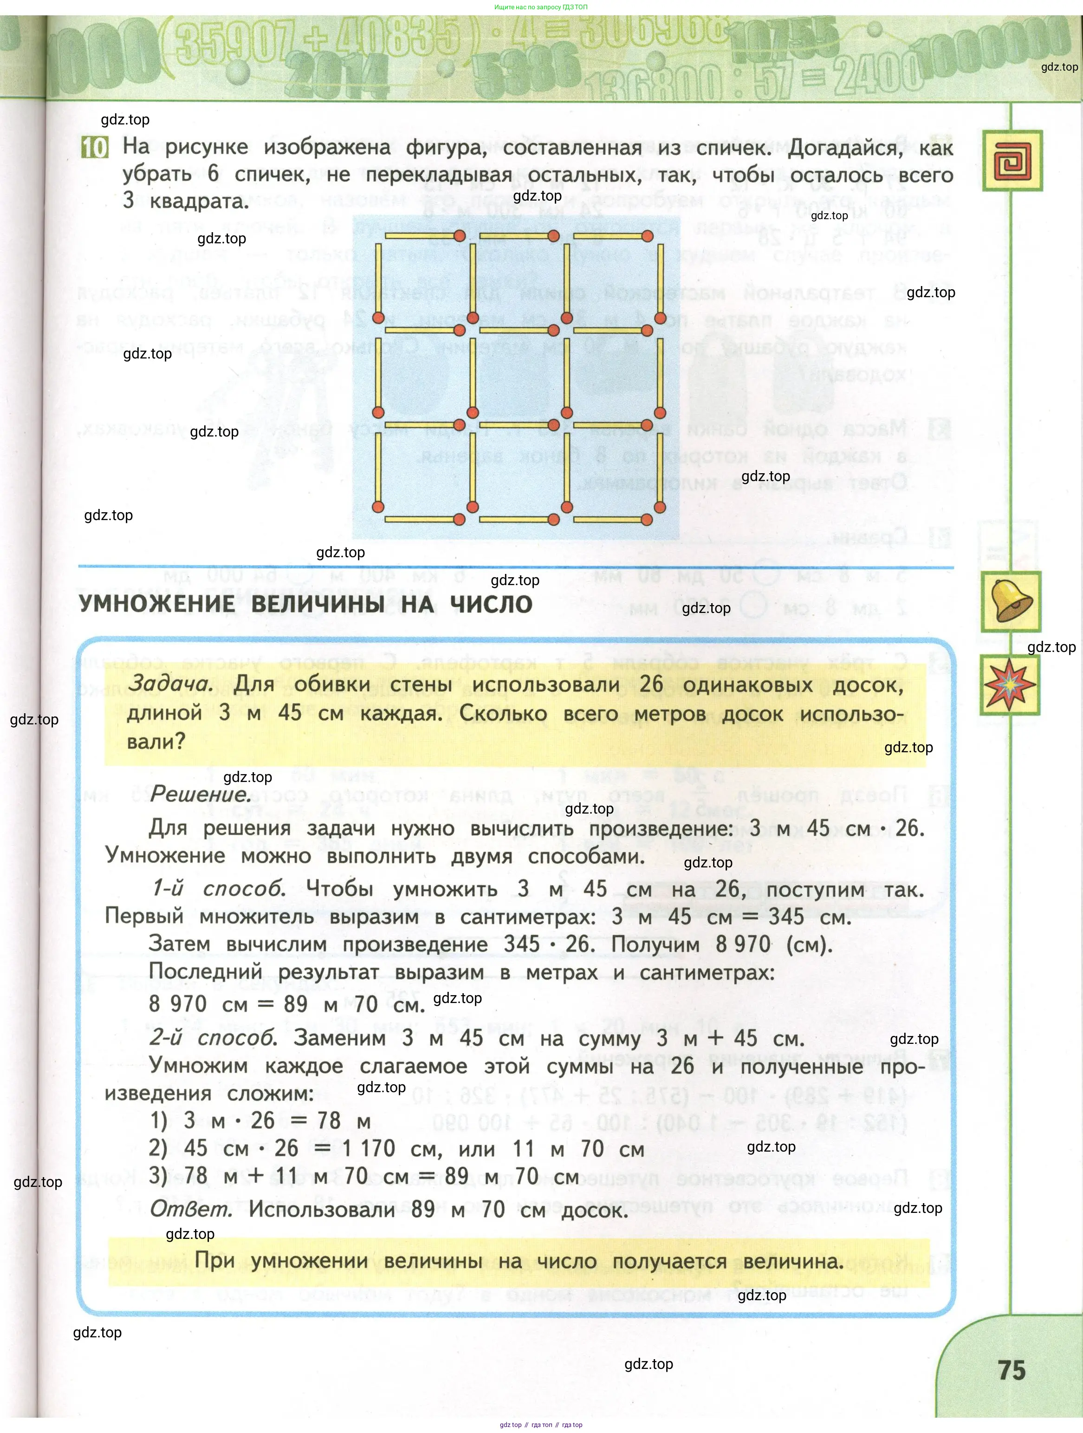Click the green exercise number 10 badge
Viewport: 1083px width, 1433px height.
pyautogui.click(x=95, y=148)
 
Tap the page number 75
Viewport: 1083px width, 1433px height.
pyautogui.click(x=1011, y=1370)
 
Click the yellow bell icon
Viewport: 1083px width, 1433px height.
pyautogui.click(x=1011, y=601)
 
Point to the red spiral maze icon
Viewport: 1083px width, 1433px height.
pyautogui.click(x=1012, y=161)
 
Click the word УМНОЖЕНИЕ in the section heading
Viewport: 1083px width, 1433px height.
pyautogui.click(x=157, y=605)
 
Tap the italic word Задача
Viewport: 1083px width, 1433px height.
pyautogui.click(x=170, y=684)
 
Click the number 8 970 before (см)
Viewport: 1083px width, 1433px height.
pyautogui.click(x=743, y=944)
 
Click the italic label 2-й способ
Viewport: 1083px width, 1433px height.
pyautogui.click(x=213, y=1038)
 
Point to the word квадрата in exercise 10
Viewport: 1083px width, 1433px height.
pyautogui.click(x=199, y=202)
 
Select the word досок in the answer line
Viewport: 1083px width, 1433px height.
pyautogui.click(x=594, y=1210)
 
